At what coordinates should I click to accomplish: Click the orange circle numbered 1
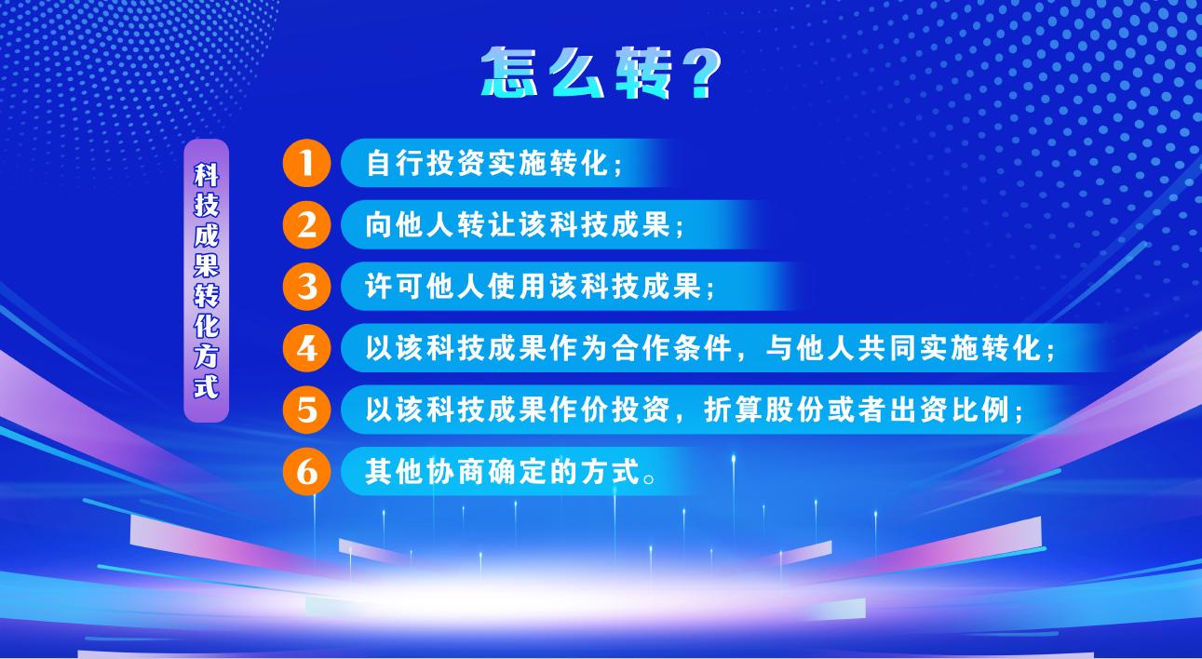pyautogui.click(x=306, y=163)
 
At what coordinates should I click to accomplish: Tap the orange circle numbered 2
pyautogui.click(x=306, y=225)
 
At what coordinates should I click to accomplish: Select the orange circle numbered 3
pyautogui.click(x=306, y=287)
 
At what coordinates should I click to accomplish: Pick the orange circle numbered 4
pyautogui.click(x=306, y=348)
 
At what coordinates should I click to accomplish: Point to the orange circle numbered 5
pyautogui.click(x=306, y=410)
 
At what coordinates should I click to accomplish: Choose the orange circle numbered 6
pyautogui.click(x=306, y=472)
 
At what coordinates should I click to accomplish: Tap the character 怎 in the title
pyautogui.click(x=508, y=73)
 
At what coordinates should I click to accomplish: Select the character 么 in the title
pyautogui.click(x=575, y=73)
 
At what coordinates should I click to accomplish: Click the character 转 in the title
pyautogui.click(x=642, y=73)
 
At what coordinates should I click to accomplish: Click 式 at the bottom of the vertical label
pyautogui.click(x=207, y=386)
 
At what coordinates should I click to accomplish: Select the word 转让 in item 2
pyautogui.click(x=487, y=225)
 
